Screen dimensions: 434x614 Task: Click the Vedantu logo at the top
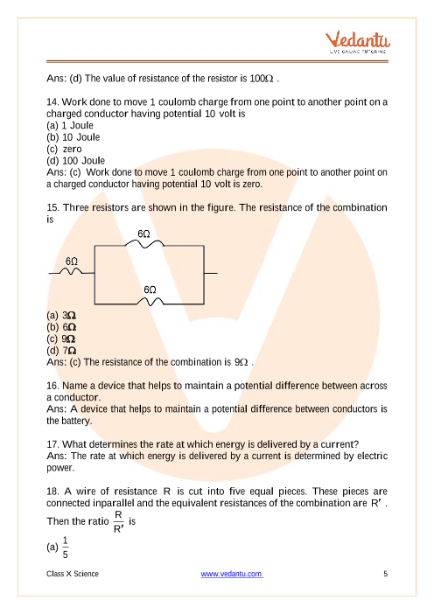(358, 42)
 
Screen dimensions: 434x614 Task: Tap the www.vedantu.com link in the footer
(232, 574)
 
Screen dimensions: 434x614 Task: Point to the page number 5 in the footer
(385, 574)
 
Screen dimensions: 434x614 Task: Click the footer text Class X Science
(73, 574)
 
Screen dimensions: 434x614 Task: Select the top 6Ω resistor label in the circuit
(143, 234)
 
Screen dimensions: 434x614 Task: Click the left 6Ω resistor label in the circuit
(72, 262)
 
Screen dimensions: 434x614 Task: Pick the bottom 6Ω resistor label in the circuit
(150, 290)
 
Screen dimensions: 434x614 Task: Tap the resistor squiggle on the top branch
(144, 243)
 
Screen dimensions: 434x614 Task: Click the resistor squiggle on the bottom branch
(150, 301)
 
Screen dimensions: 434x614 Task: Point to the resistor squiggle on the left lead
(71, 271)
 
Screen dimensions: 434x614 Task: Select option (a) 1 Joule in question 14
(70, 125)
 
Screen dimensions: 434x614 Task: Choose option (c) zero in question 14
(64, 149)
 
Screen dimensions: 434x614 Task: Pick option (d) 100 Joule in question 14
(75, 161)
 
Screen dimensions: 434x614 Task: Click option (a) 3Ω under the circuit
(61, 315)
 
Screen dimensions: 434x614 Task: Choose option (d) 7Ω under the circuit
(61, 351)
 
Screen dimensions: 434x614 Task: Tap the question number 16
(52, 386)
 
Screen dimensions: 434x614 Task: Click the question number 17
(52, 444)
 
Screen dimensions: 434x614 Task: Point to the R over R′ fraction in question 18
(118, 521)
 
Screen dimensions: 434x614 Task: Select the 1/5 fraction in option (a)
(65, 548)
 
